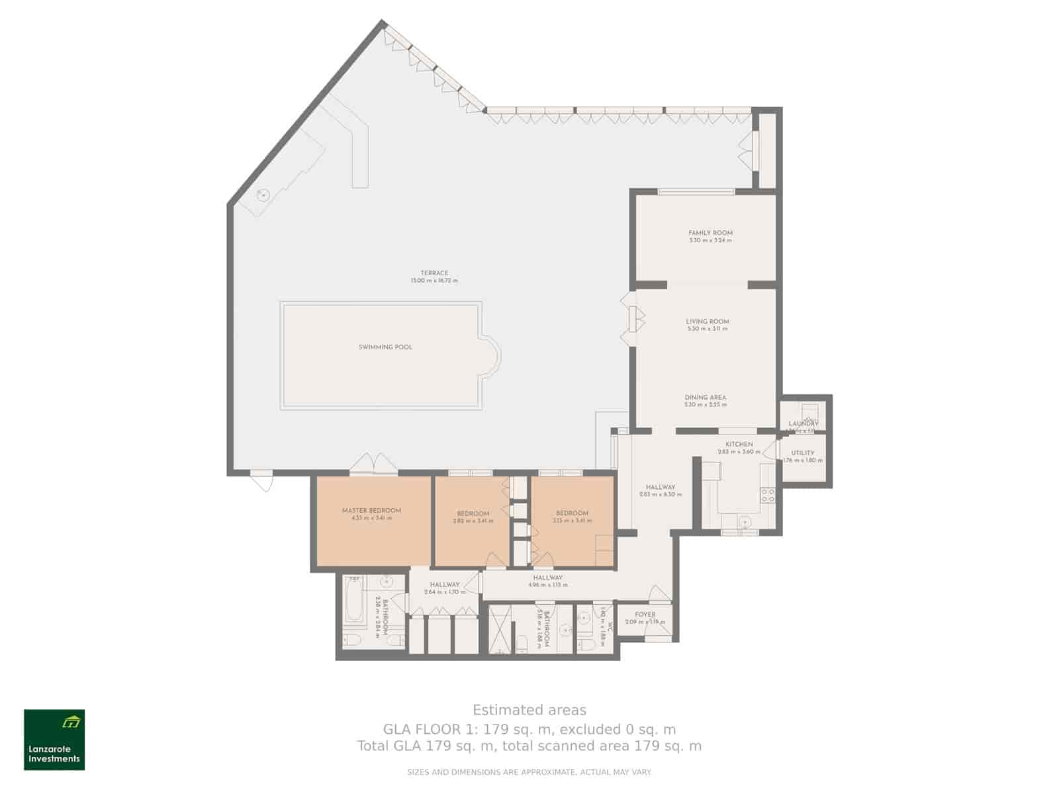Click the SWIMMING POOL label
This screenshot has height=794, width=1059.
385,347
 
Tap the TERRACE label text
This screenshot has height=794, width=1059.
434,273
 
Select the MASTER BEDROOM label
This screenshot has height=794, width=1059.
371,511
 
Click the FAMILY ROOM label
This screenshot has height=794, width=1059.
710,233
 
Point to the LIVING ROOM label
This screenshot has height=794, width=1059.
707,322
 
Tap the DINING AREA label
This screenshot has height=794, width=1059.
705,398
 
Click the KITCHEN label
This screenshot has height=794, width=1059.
739,445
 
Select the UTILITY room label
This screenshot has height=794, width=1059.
803,453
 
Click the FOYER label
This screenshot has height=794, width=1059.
645,615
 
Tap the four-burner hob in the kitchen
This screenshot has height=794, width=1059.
768,495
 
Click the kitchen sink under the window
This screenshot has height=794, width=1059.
746,521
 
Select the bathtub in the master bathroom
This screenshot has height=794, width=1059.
354,601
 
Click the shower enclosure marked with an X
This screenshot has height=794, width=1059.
500,629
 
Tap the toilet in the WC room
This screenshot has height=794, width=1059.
586,643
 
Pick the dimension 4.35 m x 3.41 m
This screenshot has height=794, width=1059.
371,518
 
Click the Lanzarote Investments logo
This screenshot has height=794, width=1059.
54,740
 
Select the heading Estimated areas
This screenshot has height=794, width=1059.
529,710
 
